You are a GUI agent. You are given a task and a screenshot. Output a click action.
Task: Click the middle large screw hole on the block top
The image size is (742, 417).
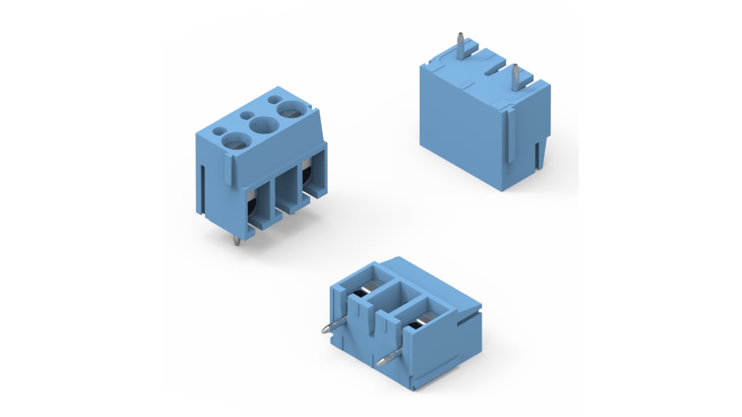tap(263, 125)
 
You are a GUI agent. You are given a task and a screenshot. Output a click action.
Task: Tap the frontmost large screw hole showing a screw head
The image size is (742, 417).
tap(235, 140)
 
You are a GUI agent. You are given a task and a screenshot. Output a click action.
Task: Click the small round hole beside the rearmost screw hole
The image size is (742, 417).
tap(274, 99)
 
